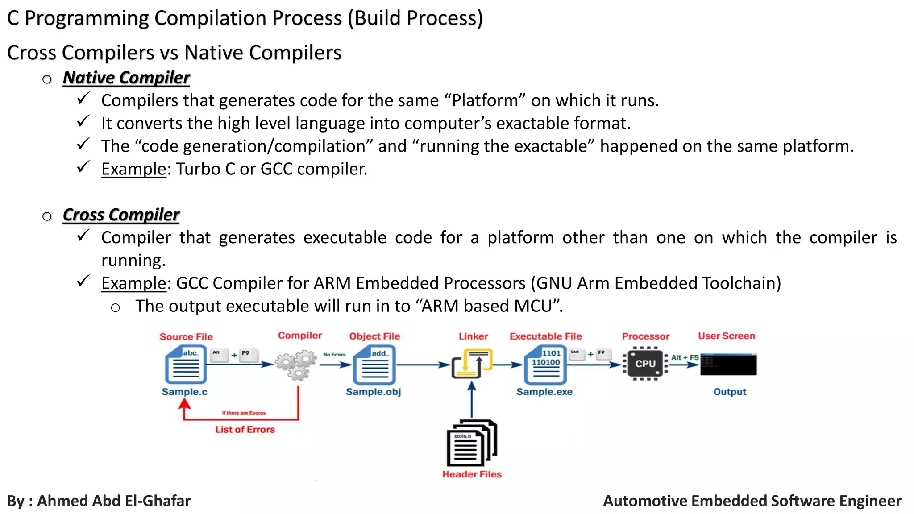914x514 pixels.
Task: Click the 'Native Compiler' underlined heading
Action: point(126,78)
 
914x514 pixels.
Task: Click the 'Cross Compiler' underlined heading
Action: point(121,215)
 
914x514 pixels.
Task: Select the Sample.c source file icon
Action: point(186,365)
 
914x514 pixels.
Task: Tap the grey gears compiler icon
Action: point(296,365)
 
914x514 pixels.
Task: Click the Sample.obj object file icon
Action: point(374,365)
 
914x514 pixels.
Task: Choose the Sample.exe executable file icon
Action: point(545,365)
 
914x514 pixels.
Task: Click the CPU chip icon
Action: point(645,364)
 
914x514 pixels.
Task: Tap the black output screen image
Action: point(728,365)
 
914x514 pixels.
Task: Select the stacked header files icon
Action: point(472,443)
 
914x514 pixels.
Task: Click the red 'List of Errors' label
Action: point(245,430)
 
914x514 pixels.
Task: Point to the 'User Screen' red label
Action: point(727,336)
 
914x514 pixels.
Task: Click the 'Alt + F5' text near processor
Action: point(685,357)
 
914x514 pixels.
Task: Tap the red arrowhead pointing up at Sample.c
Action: point(184,404)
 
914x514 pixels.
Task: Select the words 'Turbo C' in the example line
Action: point(205,169)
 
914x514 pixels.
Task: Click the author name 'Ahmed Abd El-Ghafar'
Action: point(114,501)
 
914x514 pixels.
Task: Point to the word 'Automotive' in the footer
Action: point(643,501)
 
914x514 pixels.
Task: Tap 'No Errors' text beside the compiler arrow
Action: point(334,355)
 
